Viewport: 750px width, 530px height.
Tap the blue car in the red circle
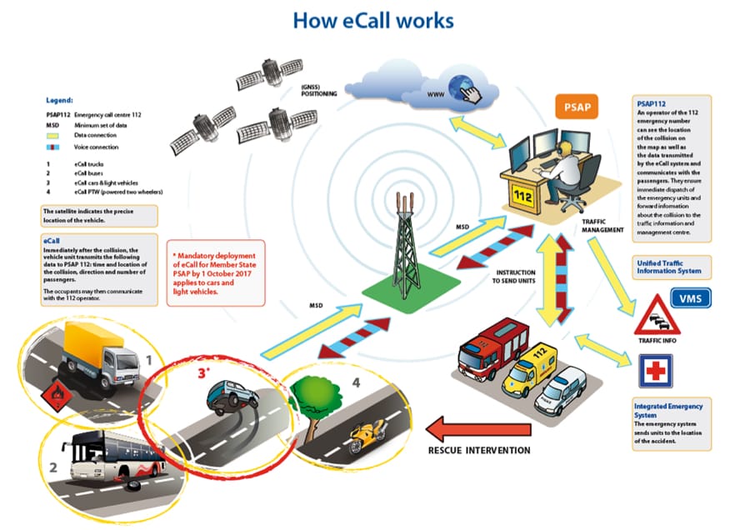click(229, 395)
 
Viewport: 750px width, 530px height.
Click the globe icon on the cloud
click(461, 87)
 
